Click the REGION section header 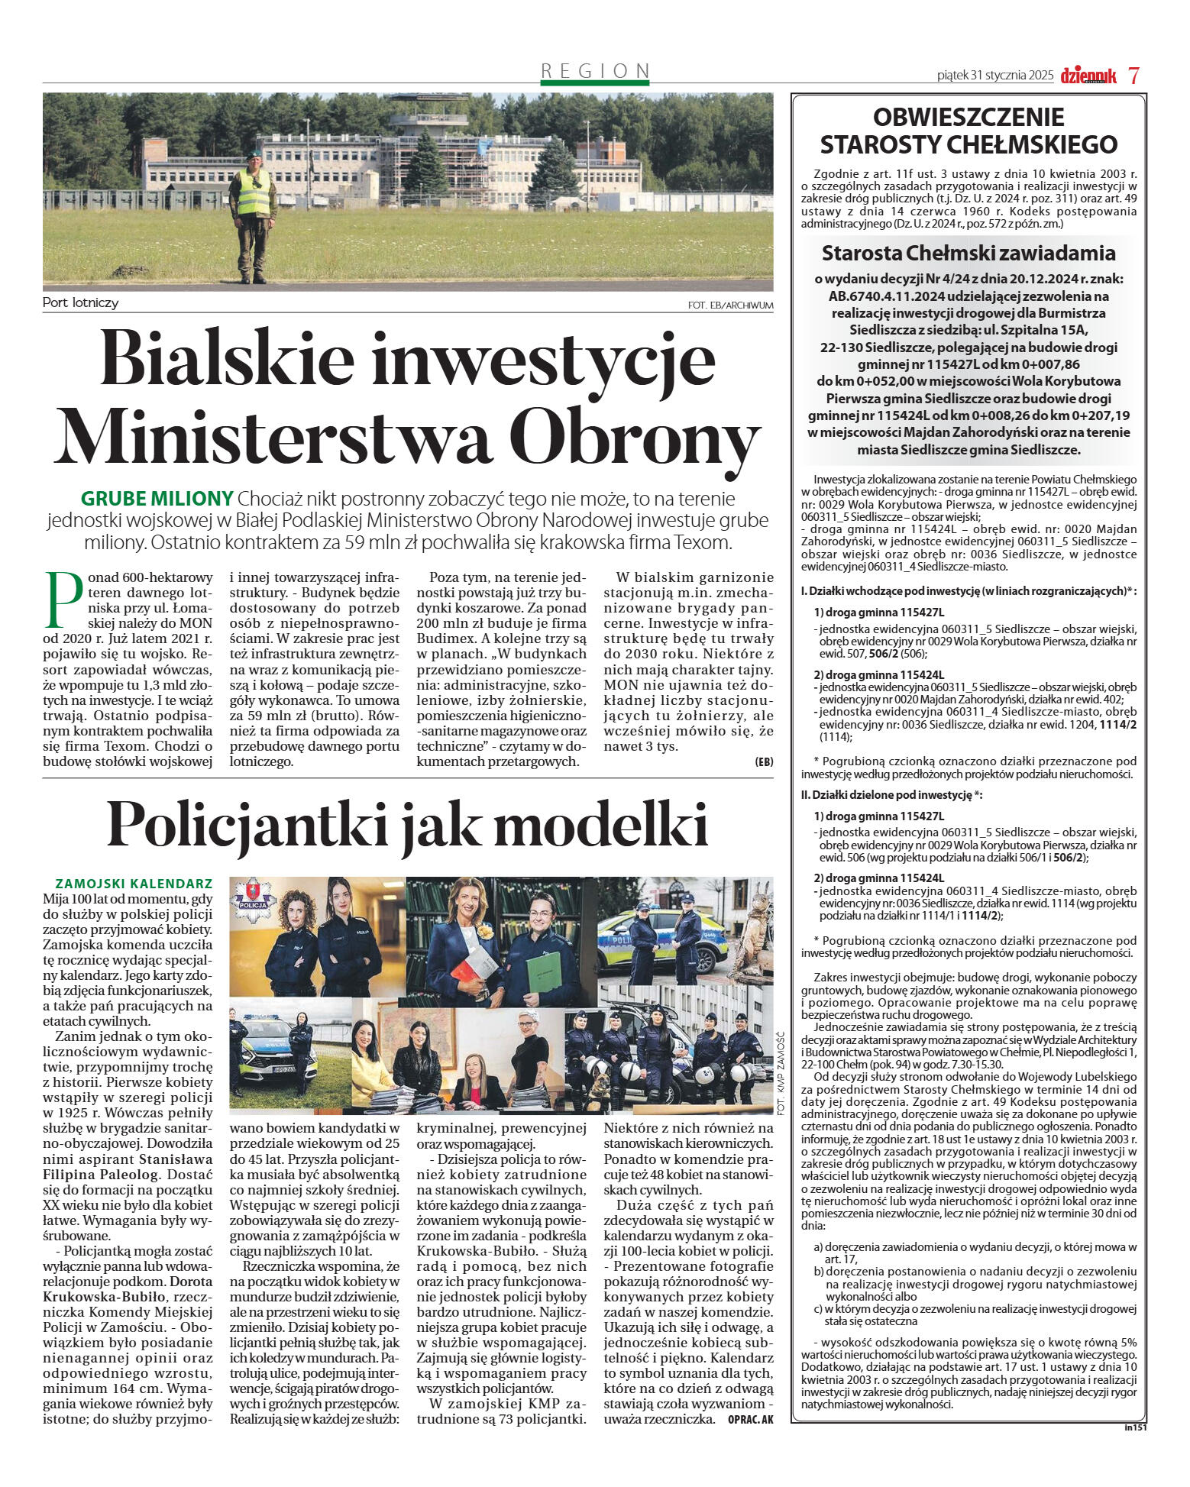595,71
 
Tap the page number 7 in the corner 1134,75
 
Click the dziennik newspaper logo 1088,75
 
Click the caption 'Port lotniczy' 81,302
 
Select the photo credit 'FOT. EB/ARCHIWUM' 730,305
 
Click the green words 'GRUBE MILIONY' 157,499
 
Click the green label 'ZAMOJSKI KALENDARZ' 134,883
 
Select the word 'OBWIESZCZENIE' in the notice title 968,117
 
